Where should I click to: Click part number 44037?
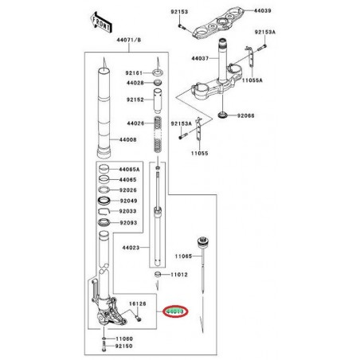point(199,58)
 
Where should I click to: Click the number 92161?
point(131,72)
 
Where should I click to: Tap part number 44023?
point(131,248)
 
